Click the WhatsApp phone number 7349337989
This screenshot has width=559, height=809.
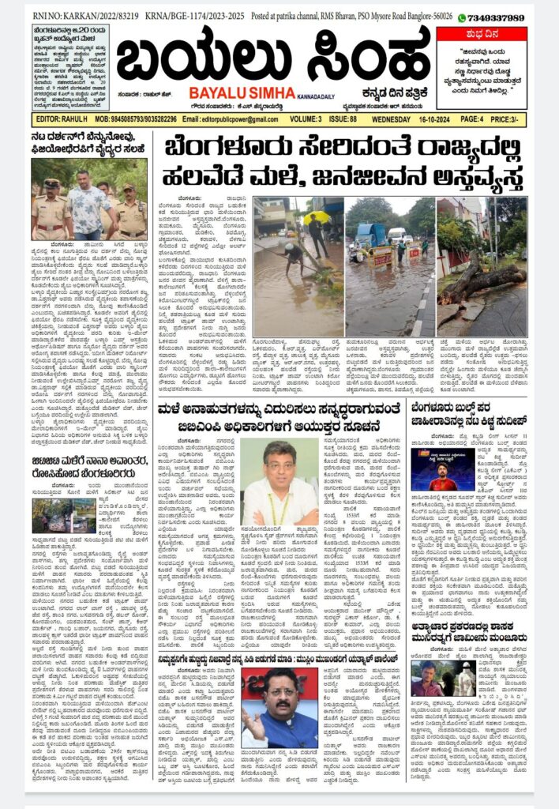[x=496, y=17]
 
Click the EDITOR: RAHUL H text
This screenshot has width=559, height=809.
[x=60, y=120]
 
